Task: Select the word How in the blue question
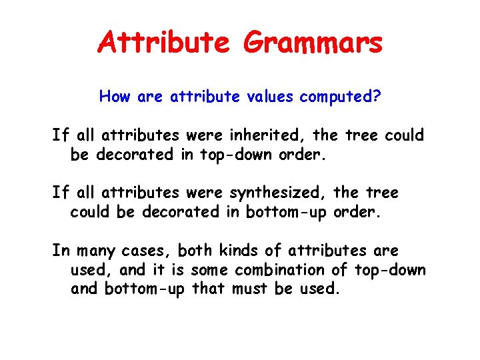pos(115,97)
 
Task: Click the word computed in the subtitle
pos(335,97)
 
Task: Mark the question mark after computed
pos(377,97)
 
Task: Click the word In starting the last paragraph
pos(61,251)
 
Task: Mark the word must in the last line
pos(251,289)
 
